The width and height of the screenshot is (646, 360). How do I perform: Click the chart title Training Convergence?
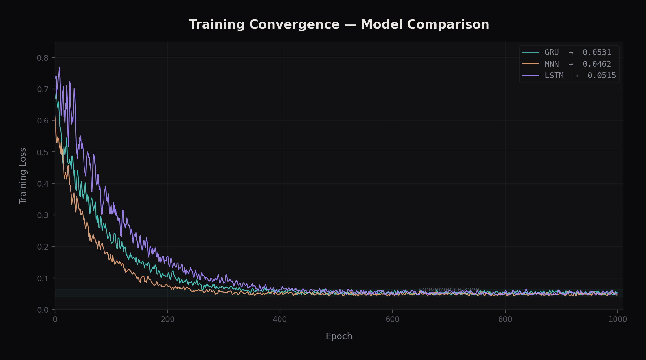[339, 24]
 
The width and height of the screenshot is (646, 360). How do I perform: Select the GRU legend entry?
[551, 52]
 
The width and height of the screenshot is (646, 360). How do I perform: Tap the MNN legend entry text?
[551, 64]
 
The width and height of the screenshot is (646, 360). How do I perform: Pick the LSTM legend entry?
[554, 76]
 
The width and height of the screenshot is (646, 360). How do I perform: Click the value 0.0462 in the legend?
[597, 64]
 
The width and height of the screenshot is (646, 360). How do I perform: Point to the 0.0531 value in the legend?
[597, 52]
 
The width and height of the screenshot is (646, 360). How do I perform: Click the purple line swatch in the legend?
[530, 76]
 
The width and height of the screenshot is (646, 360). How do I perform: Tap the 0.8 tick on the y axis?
[43, 58]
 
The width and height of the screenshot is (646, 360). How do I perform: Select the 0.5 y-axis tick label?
[43, 152]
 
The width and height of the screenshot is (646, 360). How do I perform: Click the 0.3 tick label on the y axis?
[43, 215]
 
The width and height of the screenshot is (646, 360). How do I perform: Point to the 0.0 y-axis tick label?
[43, 310]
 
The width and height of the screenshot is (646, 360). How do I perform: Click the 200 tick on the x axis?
[167, 319]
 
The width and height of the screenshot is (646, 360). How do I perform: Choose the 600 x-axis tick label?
[393, 319]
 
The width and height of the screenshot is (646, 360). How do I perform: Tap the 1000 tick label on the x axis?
[617, 319]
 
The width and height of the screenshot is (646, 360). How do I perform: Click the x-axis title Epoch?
[339, 337]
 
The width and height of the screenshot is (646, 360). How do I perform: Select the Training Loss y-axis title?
[23, 176]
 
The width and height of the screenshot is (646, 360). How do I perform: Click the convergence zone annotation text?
[449, 289]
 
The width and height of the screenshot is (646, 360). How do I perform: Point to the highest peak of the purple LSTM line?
[59, 67]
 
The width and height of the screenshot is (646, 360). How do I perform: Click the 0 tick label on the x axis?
[55, 319]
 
